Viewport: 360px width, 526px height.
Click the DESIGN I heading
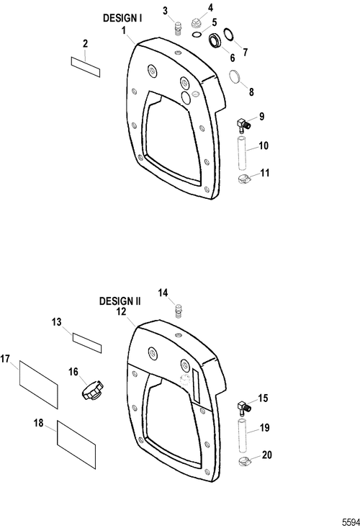click(122, 18)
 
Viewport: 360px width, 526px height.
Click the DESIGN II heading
click(120, 301)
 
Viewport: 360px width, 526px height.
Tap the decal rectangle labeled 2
click(86, 67)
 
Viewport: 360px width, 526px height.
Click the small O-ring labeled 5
click(197, 34)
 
